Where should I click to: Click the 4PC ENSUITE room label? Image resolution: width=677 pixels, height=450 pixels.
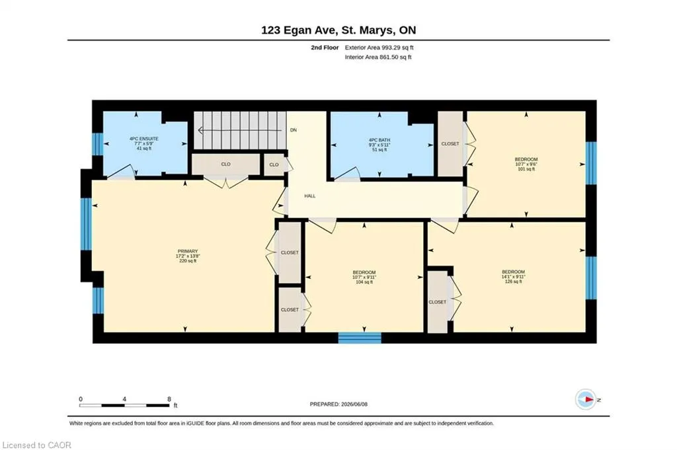tap(143, 139)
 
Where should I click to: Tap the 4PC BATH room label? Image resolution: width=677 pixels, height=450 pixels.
tap(379, 140)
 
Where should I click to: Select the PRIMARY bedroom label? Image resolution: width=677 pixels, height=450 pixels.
tap(188, 251)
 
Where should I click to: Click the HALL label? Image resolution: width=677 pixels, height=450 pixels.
tap(309, 196)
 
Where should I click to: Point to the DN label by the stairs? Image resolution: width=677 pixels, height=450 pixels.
tap(294, 130)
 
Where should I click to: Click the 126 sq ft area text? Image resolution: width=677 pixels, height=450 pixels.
tap(513, 281)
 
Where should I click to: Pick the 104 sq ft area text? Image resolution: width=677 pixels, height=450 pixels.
tap(364, 281)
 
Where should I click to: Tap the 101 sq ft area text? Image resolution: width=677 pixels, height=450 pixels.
tap(526, 169)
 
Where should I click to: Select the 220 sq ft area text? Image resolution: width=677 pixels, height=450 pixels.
tap(188, 260)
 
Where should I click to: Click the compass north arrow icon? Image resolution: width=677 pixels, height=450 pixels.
tap(586, 400)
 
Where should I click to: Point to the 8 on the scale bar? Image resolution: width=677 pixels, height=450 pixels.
tap(169, 399)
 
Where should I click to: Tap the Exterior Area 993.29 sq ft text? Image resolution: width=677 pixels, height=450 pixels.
tap(379, 48)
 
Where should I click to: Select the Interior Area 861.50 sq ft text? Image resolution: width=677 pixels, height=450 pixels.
tap(378, 57)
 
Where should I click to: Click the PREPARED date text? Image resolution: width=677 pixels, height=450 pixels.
tap(338, 404)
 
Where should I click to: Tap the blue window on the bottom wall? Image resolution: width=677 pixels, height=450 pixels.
tap(360, 338)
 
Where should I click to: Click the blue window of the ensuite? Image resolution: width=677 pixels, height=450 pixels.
tap(99, 144)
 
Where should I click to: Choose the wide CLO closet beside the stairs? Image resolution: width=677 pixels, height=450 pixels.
tap(226, 165)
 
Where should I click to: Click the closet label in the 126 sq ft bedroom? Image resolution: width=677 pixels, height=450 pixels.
tap(438, 302)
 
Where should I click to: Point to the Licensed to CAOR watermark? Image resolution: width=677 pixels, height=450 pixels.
tap(37, 445)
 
